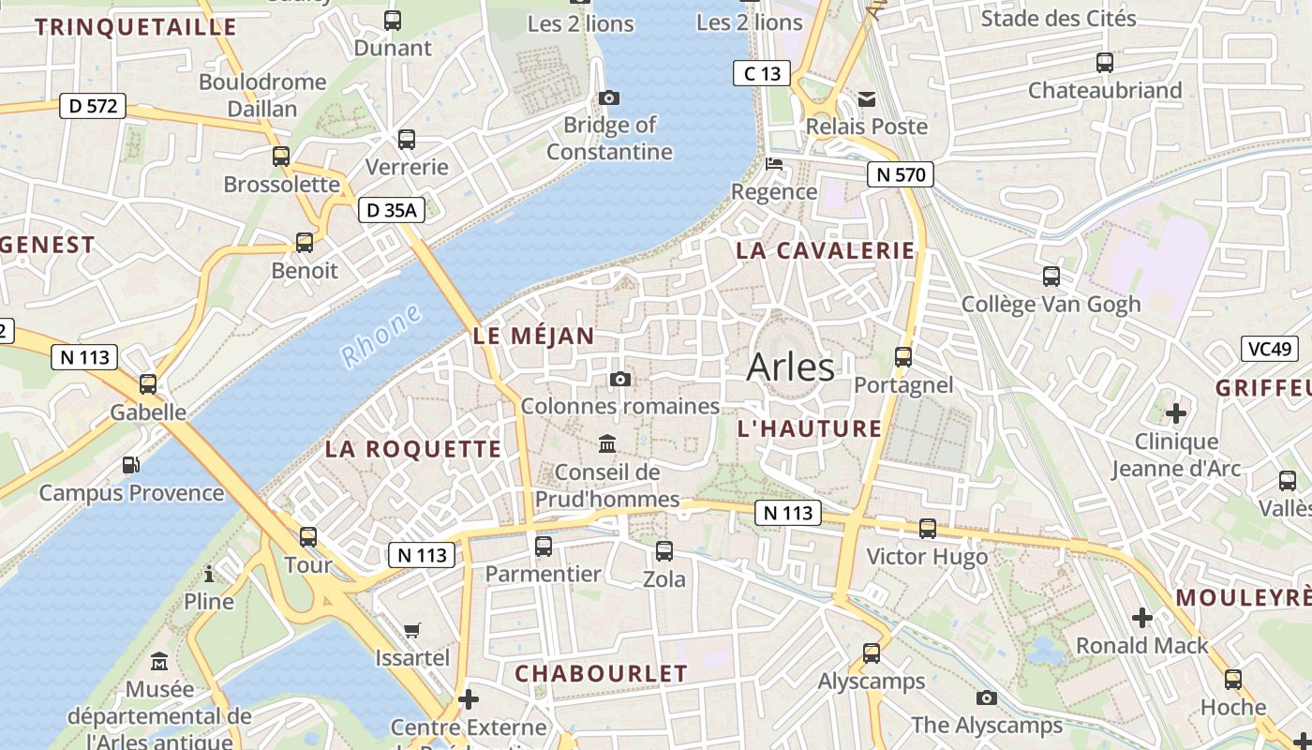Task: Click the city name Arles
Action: coord(790,367)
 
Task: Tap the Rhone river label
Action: coord(381,336)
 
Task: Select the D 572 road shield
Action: coord(93,106)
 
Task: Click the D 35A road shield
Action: coord(392,210)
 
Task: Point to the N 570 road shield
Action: coord(900,173)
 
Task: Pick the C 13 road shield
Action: coord(761,73)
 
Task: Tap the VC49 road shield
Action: coord(1270,349)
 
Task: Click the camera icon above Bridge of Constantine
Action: coord(609,97)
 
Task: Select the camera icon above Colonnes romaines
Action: coord(619,379)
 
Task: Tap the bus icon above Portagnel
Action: coord(903,357)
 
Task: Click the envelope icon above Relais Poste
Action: coord(867,98)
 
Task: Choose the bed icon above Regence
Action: coord(774,164)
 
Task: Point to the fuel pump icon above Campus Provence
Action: coord(131,465)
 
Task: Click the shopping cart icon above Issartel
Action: coord(412,630)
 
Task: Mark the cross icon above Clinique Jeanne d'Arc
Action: coord(1175,412)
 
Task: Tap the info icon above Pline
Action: coord(209,574)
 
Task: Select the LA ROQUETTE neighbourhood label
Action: coord(413,449)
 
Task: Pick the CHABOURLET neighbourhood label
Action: coord(601,673)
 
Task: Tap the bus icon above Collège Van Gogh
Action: coord(1051,277)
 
